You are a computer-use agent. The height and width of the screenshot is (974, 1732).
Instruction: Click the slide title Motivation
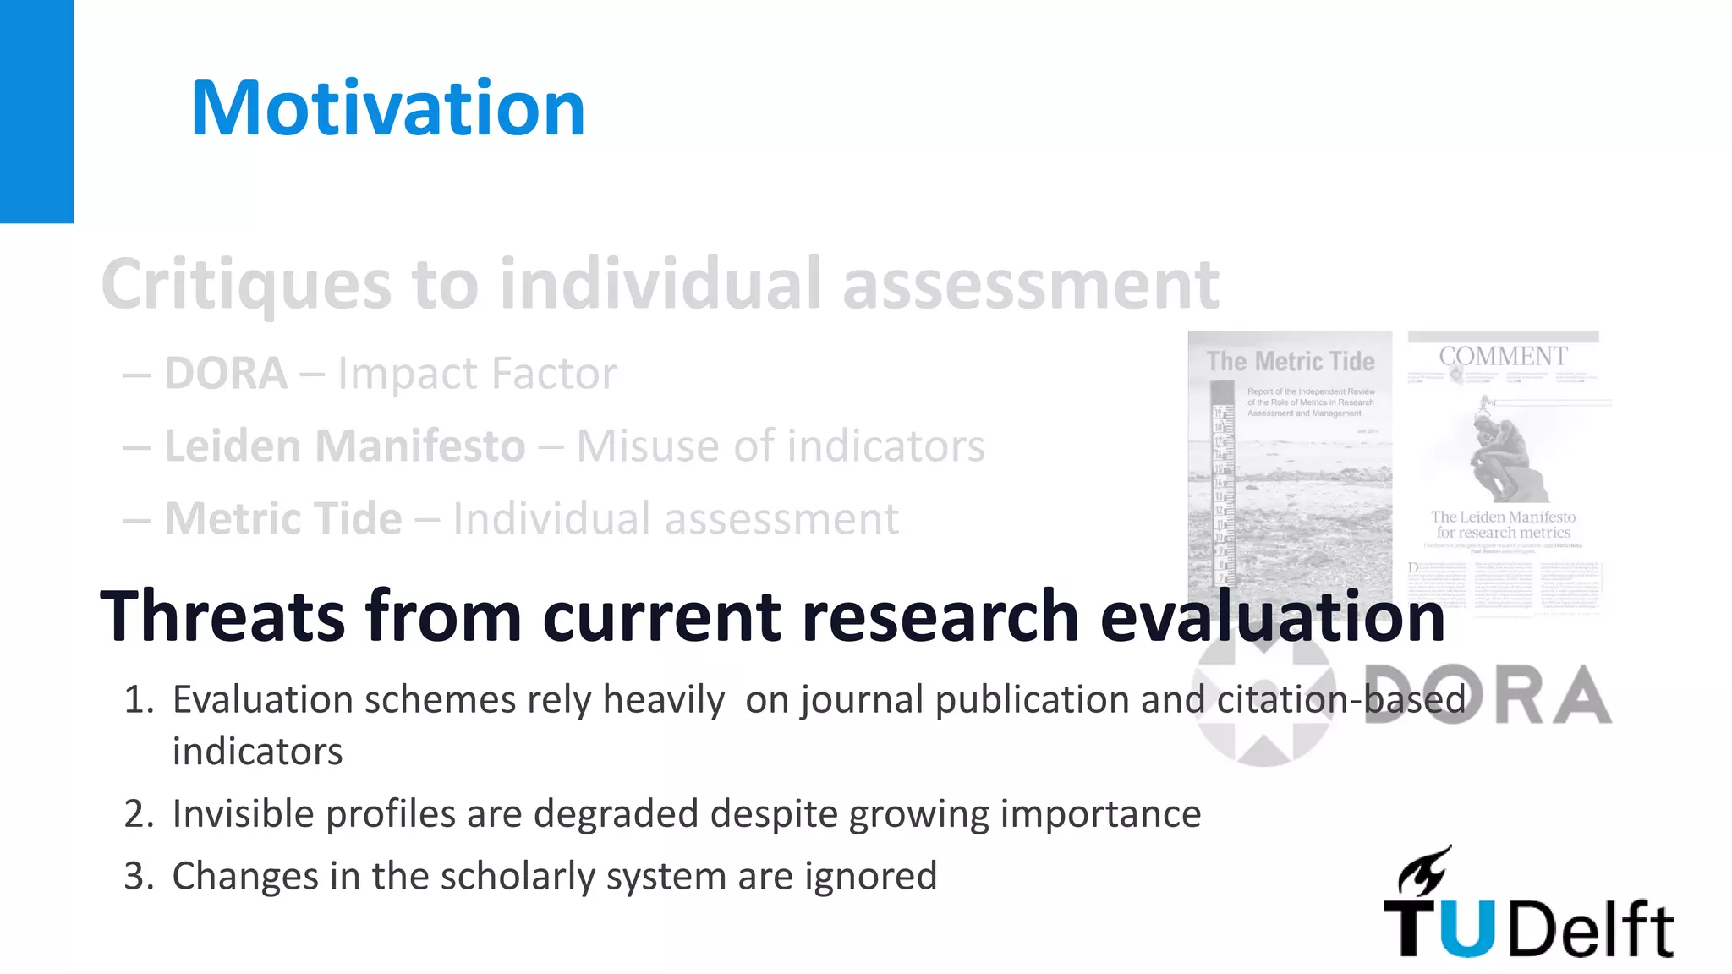point(387,108)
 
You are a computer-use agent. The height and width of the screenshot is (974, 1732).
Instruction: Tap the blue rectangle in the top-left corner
point(36,111)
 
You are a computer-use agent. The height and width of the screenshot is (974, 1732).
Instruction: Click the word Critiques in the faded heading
point(246,285)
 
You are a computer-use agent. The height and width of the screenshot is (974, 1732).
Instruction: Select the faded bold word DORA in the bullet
point(226,374)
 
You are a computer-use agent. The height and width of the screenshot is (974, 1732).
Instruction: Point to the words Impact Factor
point(477,374)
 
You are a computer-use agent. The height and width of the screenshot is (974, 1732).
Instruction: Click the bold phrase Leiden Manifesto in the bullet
point(345,446)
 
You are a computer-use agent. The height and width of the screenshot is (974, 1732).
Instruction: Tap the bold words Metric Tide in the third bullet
point(283,518)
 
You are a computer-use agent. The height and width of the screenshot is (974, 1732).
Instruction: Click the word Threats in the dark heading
point(222,616)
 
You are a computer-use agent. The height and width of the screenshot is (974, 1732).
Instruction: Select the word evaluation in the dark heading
point(1272,616)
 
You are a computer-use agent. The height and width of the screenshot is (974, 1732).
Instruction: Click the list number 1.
point(138,700)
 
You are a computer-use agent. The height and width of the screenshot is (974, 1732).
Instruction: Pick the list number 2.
point(138,814)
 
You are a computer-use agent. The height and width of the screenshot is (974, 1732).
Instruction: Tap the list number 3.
point(138,877)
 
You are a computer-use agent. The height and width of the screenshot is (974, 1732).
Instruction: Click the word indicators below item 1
point(257,752)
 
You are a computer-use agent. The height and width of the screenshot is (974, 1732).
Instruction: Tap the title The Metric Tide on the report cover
point(1291,362)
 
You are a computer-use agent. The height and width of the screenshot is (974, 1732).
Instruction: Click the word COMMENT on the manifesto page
point(1503,357)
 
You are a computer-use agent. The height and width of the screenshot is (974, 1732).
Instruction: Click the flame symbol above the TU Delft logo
point(1425,871)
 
